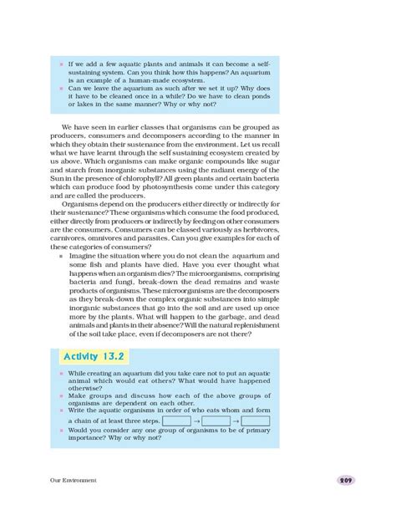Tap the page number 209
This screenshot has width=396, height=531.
point(347,480)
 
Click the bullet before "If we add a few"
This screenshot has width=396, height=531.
point(61,63)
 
